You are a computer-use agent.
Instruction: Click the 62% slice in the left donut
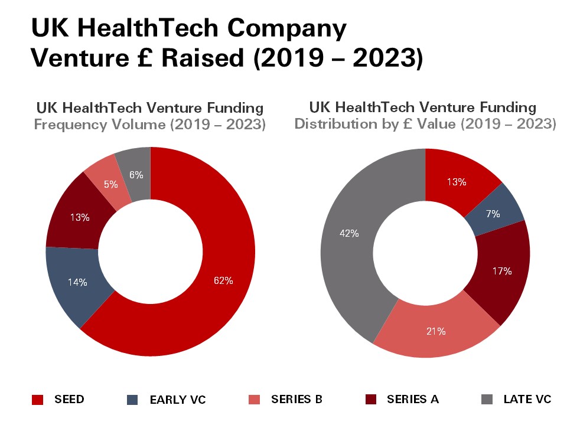(223, 281)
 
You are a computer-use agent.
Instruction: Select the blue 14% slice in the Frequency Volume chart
(77, 282)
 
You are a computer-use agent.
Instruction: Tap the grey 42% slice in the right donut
(349, 233)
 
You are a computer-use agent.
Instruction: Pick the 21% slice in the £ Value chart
(436, 331)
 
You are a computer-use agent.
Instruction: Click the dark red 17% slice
(502, 272)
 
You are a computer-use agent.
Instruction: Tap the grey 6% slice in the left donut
(136, 175)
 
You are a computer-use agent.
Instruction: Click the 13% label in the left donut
(80, 217)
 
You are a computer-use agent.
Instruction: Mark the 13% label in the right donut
(456, 182)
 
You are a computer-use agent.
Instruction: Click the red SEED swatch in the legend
(37, 400)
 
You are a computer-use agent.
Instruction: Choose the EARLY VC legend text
(178, 400)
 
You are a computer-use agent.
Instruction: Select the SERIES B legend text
(296, 400)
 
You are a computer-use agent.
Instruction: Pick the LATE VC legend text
(527, 400)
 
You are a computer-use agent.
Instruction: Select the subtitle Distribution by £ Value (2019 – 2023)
(425, 125)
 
